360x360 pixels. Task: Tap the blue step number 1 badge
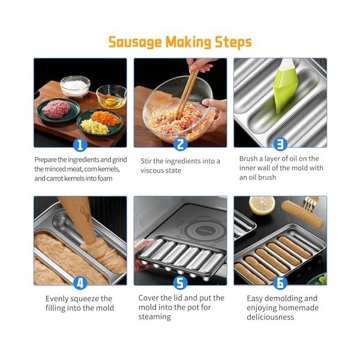point(80,145)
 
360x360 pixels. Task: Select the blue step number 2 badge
point(180,145)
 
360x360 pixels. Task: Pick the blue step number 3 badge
point(280,144)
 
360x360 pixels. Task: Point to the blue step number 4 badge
point(80,282)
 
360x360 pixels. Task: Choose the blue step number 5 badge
point(180,282)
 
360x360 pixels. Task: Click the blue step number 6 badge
point(280,282)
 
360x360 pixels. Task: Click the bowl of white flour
point(75,86)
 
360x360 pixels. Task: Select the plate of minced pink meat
point(58,109)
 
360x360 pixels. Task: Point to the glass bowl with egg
point(112,96)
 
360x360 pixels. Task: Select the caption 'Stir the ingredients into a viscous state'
point(180,165)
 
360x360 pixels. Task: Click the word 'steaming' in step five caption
point(155,317)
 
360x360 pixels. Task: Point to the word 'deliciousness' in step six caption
point(271,317)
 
